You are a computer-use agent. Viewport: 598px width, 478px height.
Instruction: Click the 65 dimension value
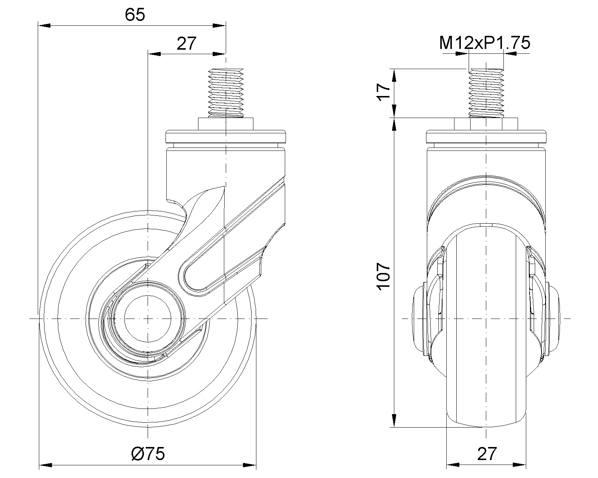[135, 15]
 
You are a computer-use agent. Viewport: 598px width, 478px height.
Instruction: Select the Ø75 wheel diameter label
[148, 454]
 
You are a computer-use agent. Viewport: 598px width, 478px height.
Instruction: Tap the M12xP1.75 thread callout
[485, 43]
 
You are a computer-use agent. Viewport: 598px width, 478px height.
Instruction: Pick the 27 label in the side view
[186, 44]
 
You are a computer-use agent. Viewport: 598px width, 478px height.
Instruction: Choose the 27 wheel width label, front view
[487, 454]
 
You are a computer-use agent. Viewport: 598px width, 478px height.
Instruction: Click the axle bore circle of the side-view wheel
[148, 319]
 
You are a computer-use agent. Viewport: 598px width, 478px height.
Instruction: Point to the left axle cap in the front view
[419, 319]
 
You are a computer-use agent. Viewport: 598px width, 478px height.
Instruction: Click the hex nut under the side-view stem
[226, 124]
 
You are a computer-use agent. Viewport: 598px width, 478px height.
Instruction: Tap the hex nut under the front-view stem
[486, 124]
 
